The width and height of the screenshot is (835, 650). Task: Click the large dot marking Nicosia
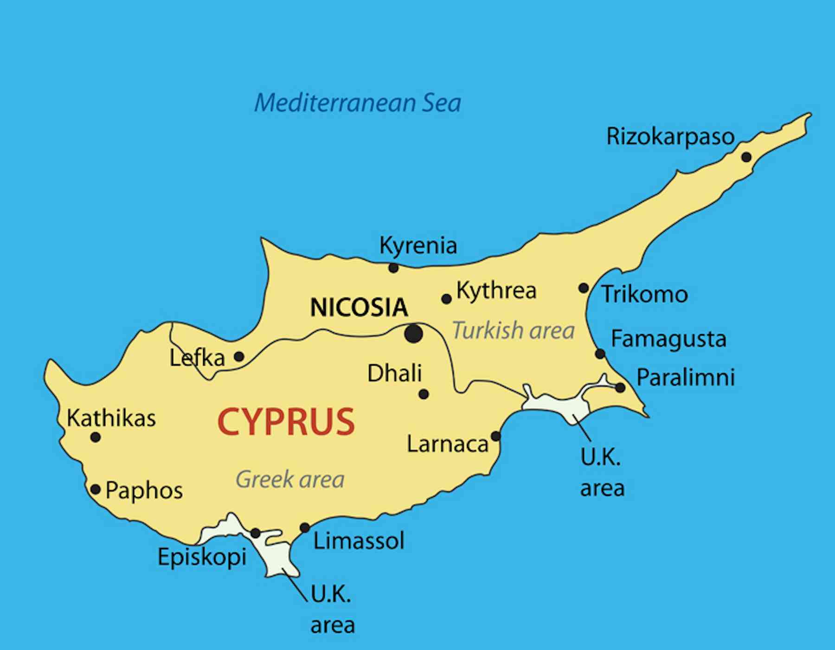(x=413, y=334)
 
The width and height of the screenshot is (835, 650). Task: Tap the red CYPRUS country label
(x=286, y=421)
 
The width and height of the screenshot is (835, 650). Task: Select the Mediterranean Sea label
(x=358, y=103)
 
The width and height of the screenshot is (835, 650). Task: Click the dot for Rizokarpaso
(x=746, y=157)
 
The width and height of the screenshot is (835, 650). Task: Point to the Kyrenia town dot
(x=393, y=268)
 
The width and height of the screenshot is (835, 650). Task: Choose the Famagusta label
(x=668, y=339)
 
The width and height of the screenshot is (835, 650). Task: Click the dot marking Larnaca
(x=495, y=436)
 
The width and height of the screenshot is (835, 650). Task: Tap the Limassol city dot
(x=305, y=528)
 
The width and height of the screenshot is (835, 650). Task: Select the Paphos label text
(x=144, y=490)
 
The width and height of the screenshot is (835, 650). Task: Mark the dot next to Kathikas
(x=96, y=437)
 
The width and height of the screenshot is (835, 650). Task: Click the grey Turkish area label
(x=513, y=331)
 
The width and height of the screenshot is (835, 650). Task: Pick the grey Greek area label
(x=290, y=479)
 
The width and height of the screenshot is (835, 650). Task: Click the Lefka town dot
(x=239, y=356)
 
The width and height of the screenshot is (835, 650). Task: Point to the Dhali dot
(x=424, y=394)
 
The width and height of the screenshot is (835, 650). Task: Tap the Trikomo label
(x=644, y=294)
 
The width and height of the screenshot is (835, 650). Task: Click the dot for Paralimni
(x=620, y=387)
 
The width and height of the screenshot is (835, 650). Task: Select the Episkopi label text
(x=202, y=556)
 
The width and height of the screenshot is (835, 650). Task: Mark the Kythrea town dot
(x=446, y=299)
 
